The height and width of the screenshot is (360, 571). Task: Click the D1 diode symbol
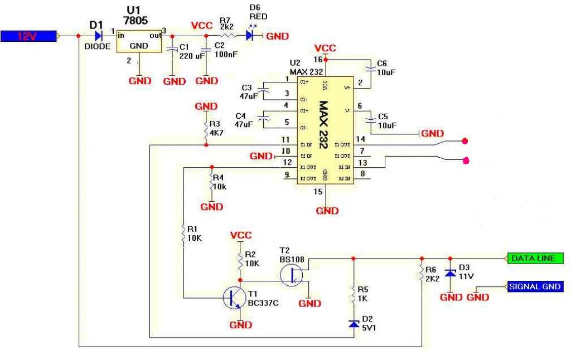click(99, 36)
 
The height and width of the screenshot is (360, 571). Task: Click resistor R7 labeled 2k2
click(227, 36)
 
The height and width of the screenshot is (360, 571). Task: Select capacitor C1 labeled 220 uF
click(173, 49)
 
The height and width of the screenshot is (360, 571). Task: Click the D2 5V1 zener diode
click(353, 323)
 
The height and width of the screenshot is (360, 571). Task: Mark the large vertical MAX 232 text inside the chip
click(323, 124)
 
